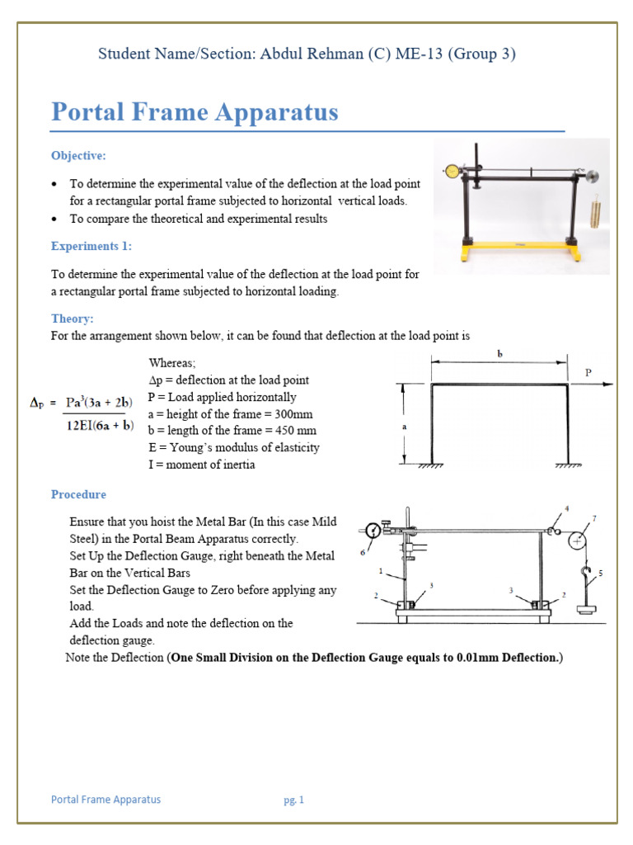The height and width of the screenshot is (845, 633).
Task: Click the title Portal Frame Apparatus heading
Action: point(195,112)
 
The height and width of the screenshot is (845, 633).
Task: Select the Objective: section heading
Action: point(78,155)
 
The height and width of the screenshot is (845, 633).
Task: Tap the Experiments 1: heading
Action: point(91,246)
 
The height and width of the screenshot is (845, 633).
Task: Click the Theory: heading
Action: point(73,319)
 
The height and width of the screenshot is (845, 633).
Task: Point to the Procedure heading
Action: point(78,494)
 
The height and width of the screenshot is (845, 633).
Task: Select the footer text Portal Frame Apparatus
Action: point(105,800)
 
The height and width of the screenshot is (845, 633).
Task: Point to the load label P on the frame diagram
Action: point(588,373)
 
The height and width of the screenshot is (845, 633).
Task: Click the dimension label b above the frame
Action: point(499,354)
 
